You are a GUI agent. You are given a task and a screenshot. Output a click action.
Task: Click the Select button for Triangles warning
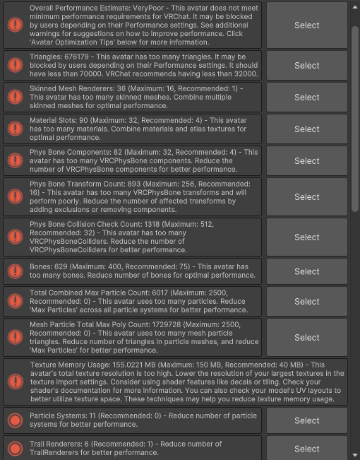306,66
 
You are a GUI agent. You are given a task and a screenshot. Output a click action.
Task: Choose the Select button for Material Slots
306,129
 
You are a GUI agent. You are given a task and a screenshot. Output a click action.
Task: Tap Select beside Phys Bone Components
306,160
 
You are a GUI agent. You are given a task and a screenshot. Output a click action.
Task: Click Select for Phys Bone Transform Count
306,196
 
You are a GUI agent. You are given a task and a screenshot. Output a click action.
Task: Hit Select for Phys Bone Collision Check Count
306,237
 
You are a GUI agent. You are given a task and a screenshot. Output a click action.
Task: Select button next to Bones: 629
306,271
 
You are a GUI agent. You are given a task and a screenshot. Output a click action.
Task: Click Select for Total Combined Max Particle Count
306,301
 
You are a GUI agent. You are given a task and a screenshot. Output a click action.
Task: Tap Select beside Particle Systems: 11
306,420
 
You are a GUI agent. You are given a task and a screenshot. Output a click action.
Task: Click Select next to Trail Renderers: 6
306,448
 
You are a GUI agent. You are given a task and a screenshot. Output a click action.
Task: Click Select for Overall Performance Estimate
306,25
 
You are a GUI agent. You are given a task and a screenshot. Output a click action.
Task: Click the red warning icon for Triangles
14,66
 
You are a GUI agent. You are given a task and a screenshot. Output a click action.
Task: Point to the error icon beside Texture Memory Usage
14,382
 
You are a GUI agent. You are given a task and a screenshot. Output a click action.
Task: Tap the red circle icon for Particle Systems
14,420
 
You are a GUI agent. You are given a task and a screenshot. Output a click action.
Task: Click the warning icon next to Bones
14,271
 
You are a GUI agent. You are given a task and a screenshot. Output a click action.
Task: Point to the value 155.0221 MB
121,365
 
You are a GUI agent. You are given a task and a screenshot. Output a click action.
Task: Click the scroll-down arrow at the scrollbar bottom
355,454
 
